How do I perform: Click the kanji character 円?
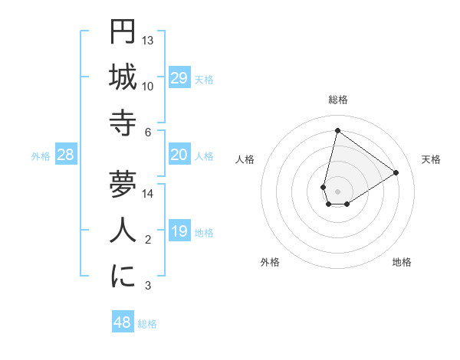pos(123,32)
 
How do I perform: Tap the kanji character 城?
pos(123,77)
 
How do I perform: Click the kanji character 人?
pos(123,231)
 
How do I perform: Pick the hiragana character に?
pos(123,277)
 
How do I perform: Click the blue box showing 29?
pos(179,78)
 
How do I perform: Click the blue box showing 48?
pos(122,322)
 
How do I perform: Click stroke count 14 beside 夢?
pos(148,193)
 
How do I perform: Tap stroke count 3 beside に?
pos(148,286)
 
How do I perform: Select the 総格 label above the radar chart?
pos(337,100)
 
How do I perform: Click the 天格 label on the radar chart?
pos(431,159)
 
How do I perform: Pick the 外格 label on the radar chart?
pos(270,262)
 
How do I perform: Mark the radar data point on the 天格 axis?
pos(396,172)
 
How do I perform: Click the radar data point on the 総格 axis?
pos(337,130)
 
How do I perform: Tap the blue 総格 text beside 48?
pos(147,324)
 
